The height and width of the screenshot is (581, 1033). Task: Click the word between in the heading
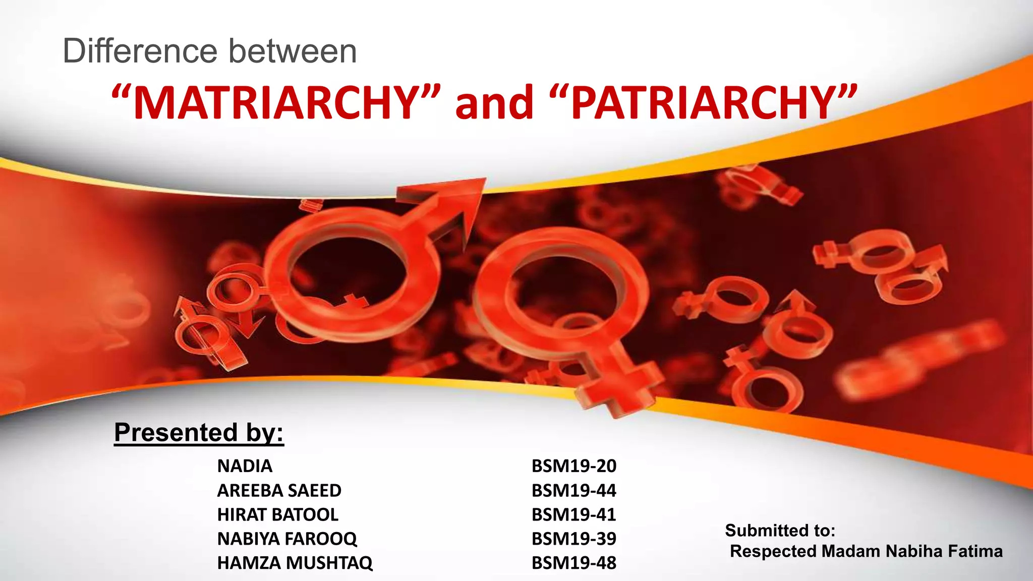tap(293, 51)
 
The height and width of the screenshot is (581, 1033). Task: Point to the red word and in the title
tap(494, 103)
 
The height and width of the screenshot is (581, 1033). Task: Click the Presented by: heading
tap(199, 433)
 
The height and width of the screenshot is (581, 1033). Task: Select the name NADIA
tap(245, 466)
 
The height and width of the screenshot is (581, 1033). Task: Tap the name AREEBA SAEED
tap(279, 490)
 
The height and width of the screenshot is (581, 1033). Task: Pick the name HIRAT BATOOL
tap(277, 514)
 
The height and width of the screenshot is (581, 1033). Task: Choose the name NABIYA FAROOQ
tap(287, 539)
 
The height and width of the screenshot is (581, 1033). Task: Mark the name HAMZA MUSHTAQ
tap(295, 563)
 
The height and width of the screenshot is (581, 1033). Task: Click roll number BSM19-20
tap(574, 466)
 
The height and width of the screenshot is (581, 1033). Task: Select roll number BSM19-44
tap(574, 490)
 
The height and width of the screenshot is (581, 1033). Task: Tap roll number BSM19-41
tap(574, 514)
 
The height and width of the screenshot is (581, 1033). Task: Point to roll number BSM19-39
tap(574, 539)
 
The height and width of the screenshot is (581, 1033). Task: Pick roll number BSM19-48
tap(574, 563)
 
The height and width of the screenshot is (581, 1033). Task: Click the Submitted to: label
tap(780, 531)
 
